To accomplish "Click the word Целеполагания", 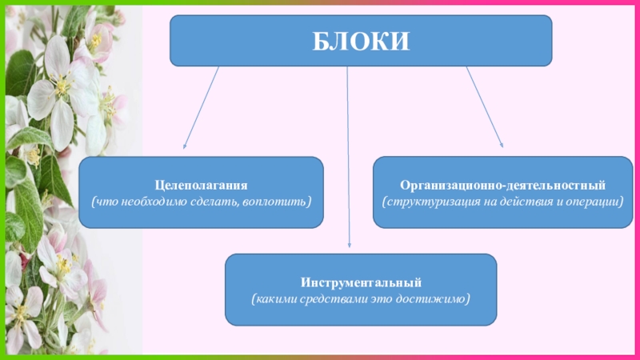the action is pyautogui.click(x=201, y=183).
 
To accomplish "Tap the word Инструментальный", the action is pyautogui.click(x=360, y=282).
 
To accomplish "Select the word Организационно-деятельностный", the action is pyautogui.click(x=502, y=183).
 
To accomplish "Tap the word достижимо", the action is pyautogui.click(x=438, y=298).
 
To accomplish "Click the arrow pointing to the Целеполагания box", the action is pyautogui.click(x=201, y=108).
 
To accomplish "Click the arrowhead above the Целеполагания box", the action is pyautogui.click(x=186, y=146).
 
